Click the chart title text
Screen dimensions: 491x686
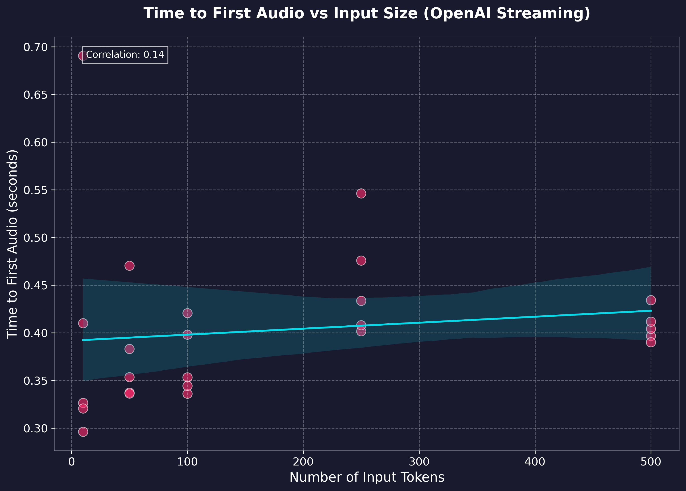tap(367, 14)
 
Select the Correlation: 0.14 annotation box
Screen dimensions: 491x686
tap(125, 55)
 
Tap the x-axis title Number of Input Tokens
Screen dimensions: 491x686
tap(367, 477)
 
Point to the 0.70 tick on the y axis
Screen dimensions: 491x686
tap(36, 47)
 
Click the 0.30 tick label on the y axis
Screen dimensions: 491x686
tap(36, 428)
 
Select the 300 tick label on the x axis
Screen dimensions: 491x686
tap(419, 462)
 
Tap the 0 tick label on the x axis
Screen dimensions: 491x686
tap(71, 462)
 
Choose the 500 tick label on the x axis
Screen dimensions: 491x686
tap(651, 462)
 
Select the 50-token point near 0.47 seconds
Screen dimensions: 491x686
tap(129, 266)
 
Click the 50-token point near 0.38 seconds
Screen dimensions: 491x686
tap(129, 349)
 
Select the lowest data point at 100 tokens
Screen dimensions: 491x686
tap(187, 394)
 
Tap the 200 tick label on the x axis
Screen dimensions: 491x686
tap(303, 462)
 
